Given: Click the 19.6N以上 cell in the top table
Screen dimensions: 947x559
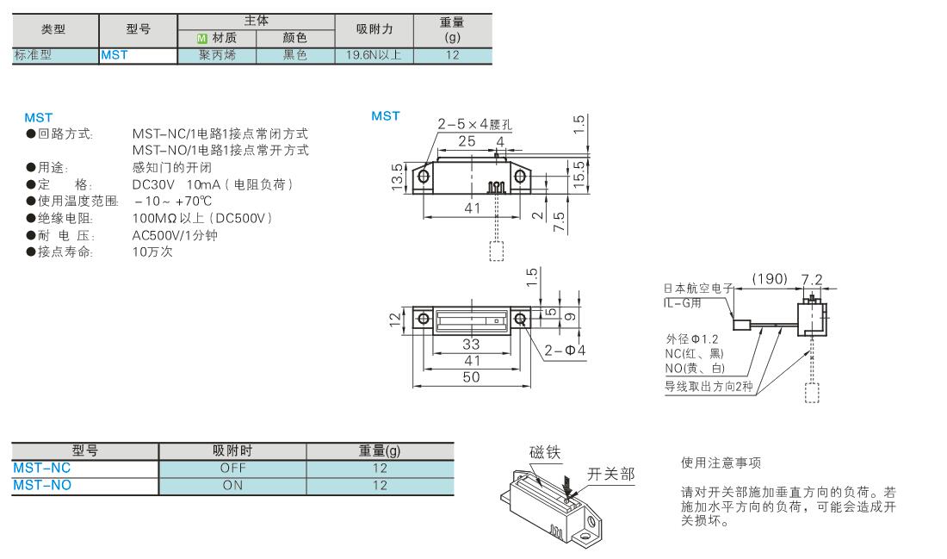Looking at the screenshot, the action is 374,55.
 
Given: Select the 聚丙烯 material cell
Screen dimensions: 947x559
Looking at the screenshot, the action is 217,55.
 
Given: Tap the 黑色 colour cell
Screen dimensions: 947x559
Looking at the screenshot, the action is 295,55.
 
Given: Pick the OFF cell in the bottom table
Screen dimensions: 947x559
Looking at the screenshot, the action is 232,468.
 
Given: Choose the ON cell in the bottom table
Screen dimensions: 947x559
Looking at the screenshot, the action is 232,485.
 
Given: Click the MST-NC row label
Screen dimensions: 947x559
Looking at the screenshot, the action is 41,468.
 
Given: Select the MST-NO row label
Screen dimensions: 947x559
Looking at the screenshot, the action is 42,485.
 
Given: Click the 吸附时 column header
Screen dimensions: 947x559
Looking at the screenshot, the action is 232,450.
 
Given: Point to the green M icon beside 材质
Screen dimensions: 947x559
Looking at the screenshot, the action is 202,38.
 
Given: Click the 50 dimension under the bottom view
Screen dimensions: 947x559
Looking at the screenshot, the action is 471,378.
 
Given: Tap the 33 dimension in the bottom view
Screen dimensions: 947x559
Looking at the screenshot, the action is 471,345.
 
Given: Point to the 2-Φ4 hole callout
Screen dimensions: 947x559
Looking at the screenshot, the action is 565,351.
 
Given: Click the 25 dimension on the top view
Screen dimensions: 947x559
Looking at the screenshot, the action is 467,141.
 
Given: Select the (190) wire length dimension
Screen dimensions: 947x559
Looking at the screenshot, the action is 770,278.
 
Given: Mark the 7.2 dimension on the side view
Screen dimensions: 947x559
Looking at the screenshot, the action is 812,279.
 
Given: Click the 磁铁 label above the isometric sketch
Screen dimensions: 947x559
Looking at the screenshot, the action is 545,452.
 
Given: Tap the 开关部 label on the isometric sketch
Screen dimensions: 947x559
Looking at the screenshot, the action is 611,475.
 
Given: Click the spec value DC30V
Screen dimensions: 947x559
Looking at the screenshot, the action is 153,184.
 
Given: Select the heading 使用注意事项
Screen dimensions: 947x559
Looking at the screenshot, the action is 721,463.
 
